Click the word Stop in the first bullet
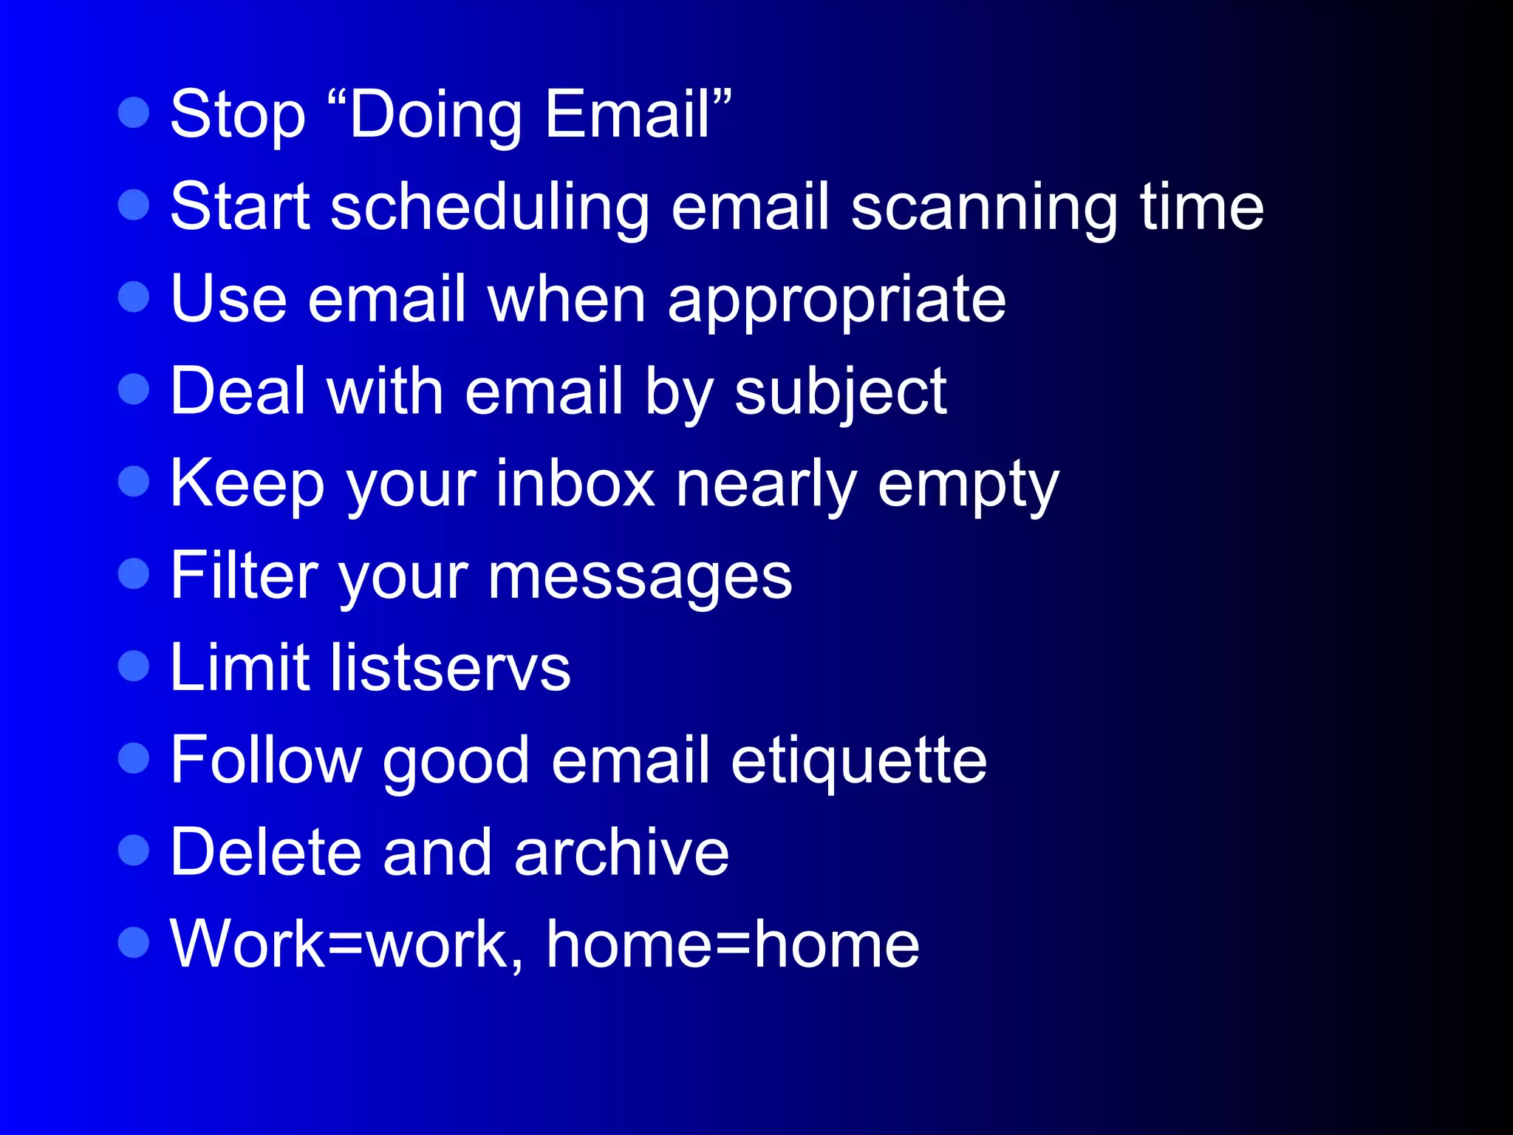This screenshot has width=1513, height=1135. point(237,115)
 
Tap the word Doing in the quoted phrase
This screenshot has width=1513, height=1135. point(436,115)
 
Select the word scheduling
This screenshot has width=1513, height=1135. point(490,208)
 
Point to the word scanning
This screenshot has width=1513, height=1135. point(984,208)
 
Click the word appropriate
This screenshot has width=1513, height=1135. point(836,300)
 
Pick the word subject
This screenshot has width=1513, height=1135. point(840,392)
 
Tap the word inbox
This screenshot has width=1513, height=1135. point(575,485)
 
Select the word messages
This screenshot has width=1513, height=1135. point(640,577)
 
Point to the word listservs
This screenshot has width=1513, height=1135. point(450,668)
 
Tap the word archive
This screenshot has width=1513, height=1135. point(621,853)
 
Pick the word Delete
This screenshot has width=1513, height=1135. point(265,853)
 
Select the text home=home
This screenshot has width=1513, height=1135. point(732,945)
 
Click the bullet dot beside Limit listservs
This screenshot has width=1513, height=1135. point(134,665)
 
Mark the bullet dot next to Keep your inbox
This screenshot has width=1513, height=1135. point(134,481)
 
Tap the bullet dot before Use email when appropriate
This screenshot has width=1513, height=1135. point(134,296)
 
